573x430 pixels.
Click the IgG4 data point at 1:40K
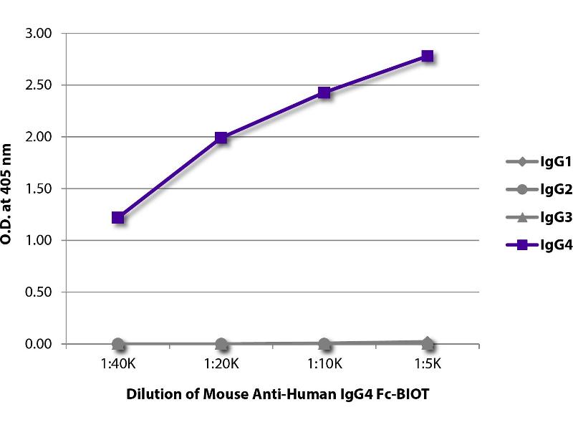pos(118,218)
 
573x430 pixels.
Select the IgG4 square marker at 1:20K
pos(221,138)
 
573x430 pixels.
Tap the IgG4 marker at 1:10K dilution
pos(324,92)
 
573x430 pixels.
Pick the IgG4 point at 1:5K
pos(428,56)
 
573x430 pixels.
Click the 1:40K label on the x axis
pos(118,365)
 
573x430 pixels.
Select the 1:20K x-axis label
pos(221,365)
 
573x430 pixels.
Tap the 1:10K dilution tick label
pos(324,365)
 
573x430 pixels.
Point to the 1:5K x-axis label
pos(428,365)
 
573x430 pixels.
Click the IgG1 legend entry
pos(530,161)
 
